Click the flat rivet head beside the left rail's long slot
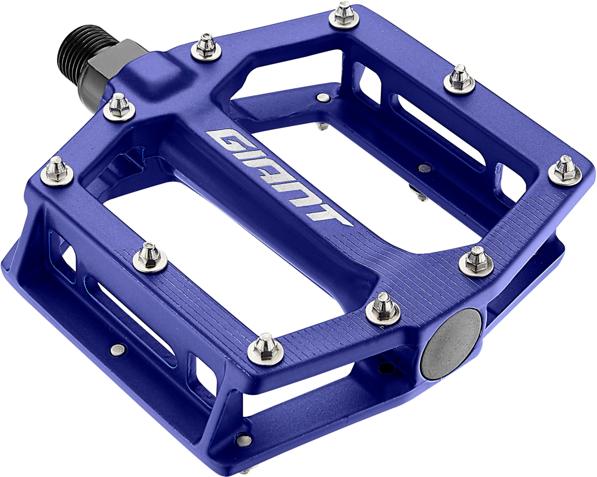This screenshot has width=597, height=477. click(117, 350)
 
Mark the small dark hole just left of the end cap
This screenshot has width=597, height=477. click(384, 369)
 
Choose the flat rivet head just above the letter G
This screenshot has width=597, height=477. click(323, 97)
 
